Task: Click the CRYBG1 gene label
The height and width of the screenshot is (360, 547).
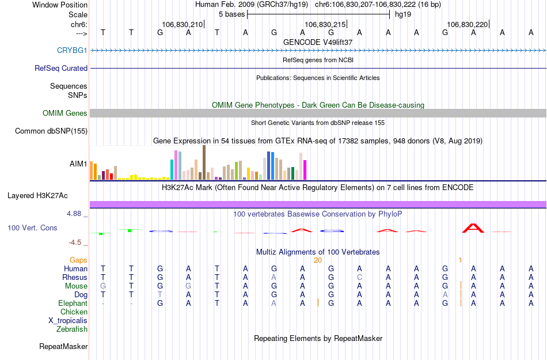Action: pos(72,51)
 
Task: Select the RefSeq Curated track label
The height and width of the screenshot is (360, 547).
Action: pos(61,68)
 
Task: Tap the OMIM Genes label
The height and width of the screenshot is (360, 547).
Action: pos(65,113)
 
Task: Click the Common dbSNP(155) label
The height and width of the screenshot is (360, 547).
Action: pos(51,131)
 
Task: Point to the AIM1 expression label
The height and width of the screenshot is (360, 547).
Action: pos(78,164)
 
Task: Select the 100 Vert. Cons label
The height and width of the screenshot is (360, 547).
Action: pos(32,228)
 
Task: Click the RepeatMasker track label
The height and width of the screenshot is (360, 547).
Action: pos(63,347)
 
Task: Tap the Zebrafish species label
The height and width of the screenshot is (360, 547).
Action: pos(72,329)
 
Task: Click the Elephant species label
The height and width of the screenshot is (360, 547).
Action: pos(73,304)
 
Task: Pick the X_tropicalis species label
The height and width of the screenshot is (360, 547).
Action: pos(68,321)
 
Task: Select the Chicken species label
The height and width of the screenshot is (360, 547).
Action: pos(74,312)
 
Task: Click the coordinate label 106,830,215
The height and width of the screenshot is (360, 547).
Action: pos(325,25)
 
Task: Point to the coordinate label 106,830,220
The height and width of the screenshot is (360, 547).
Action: pos(467,25)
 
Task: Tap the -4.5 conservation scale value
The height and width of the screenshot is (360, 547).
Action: pos(77,242)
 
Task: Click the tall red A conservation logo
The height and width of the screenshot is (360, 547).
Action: pos(473,228)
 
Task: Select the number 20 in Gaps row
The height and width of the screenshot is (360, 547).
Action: pos(317,260)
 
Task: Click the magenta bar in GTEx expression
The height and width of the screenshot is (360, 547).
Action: pos(305,169)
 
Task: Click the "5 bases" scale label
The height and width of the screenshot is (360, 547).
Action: pos(231,14)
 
